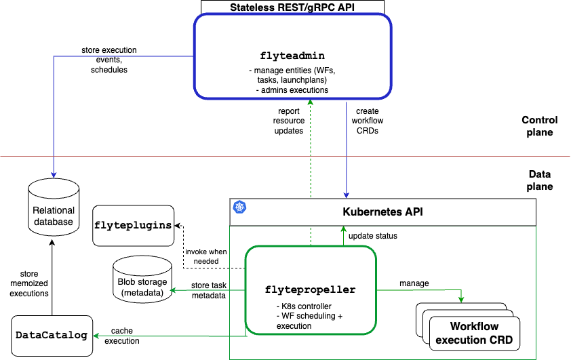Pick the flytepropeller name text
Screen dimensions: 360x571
click(x=310, y=289)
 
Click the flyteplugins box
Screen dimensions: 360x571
click(x=133, y=225)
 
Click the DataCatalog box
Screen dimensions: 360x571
click(x=52, y=334)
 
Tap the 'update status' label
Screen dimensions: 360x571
click(x=372, y=236)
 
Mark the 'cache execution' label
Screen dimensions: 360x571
click(x=122, y=336)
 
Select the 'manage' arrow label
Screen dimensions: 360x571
click(x=414, y=283)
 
